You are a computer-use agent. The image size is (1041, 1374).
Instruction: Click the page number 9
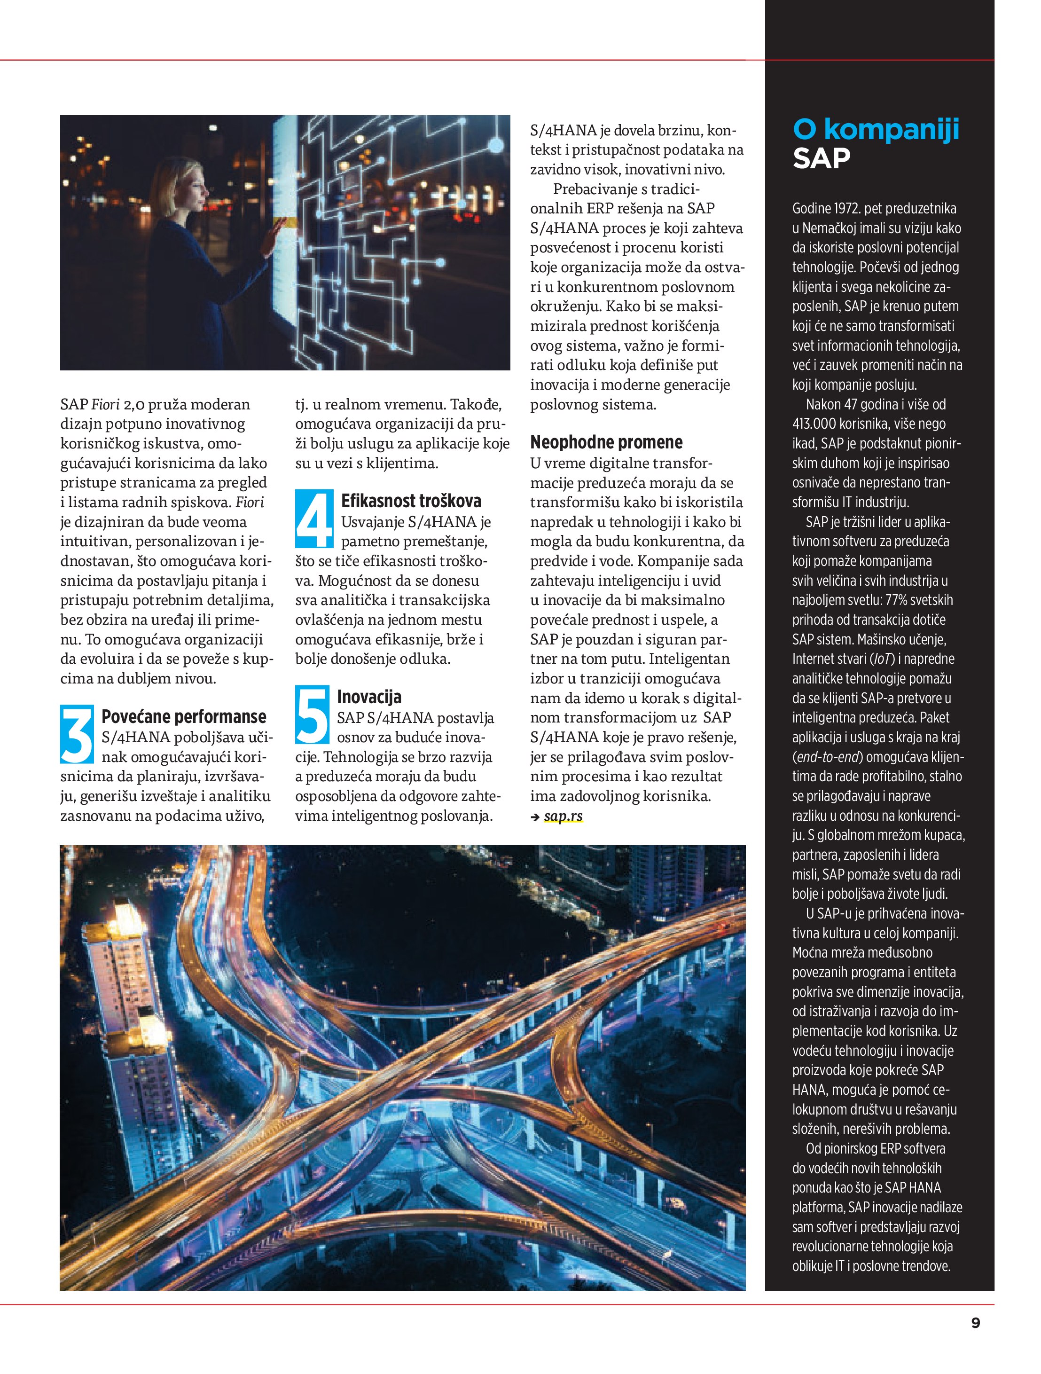(x=975, y=1322)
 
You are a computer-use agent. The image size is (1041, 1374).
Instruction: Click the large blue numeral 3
(x=77, y=734)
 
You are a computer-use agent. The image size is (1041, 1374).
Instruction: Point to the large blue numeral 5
(x=311, y=714)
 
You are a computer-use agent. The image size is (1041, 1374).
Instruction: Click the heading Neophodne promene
(x=606, y=442)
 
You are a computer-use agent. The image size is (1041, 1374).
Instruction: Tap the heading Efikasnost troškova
(x=411, y=501)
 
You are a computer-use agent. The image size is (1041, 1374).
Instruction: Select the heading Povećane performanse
(x=183, y=716)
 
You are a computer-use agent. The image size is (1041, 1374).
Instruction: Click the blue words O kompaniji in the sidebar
(x=876, y=129)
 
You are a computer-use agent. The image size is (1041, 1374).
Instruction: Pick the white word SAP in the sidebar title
(x=821, y=158)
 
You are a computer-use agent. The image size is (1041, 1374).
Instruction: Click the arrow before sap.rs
(x=535, y=817)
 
